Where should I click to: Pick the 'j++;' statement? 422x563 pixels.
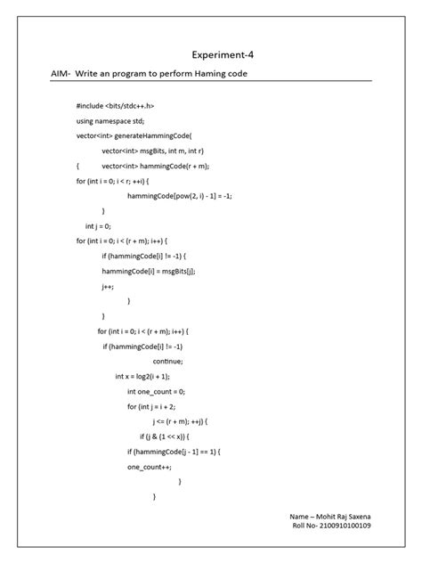click(x=108, y=286)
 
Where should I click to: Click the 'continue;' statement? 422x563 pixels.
click(x=167, y=361)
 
